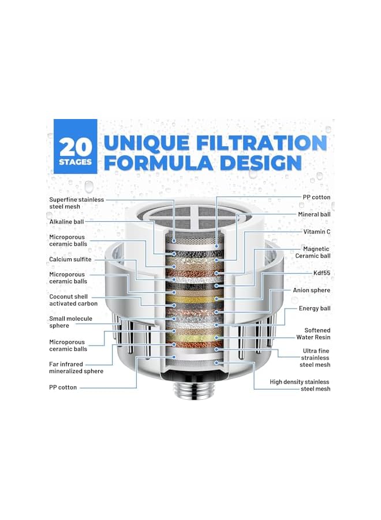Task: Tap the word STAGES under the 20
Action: point(75,162)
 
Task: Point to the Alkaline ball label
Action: point(66,221)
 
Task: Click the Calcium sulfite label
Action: point(70,259)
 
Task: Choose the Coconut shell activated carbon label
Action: point(73,300)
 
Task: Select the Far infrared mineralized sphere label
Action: point(76,367)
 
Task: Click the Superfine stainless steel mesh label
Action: point(76,203)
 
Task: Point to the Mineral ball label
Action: point(314,214)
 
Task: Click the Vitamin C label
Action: point(316,231)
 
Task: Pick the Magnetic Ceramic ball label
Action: point(312,252)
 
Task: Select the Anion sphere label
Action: point(312,290)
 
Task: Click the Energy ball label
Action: point(314,309)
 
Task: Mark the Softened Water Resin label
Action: point(313,334)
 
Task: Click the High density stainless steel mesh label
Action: point(300,385)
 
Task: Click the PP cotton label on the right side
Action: point(316,197)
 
